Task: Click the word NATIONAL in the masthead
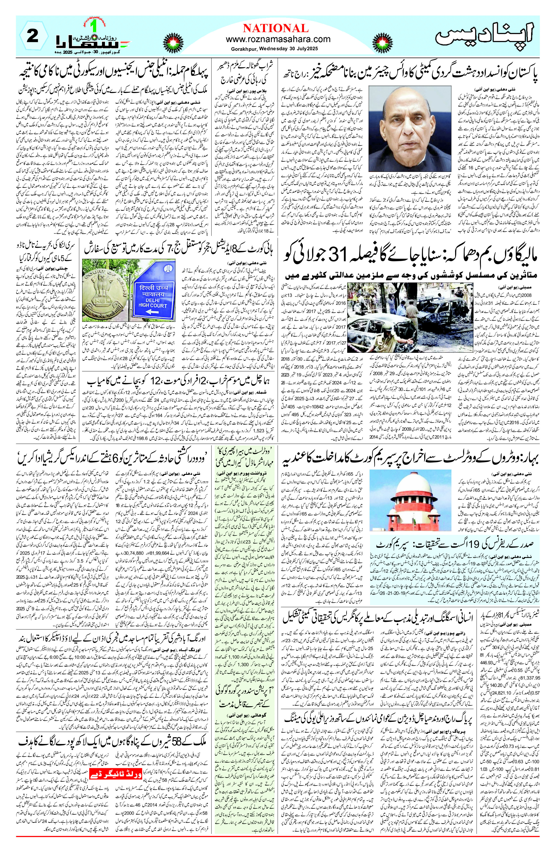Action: tap(275, 28)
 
